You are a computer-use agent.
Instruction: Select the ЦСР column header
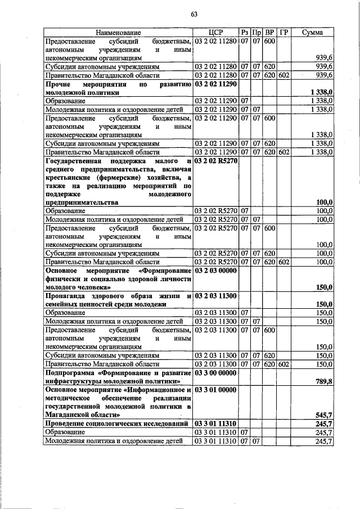coord(216,33)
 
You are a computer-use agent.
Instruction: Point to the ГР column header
coord(283,33)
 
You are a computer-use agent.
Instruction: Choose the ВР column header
coord(269,33)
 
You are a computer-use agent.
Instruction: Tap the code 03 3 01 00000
coord(216,389)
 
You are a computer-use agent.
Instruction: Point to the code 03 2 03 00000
coord(216,271)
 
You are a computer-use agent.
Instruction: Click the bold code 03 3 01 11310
coord(216,423)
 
